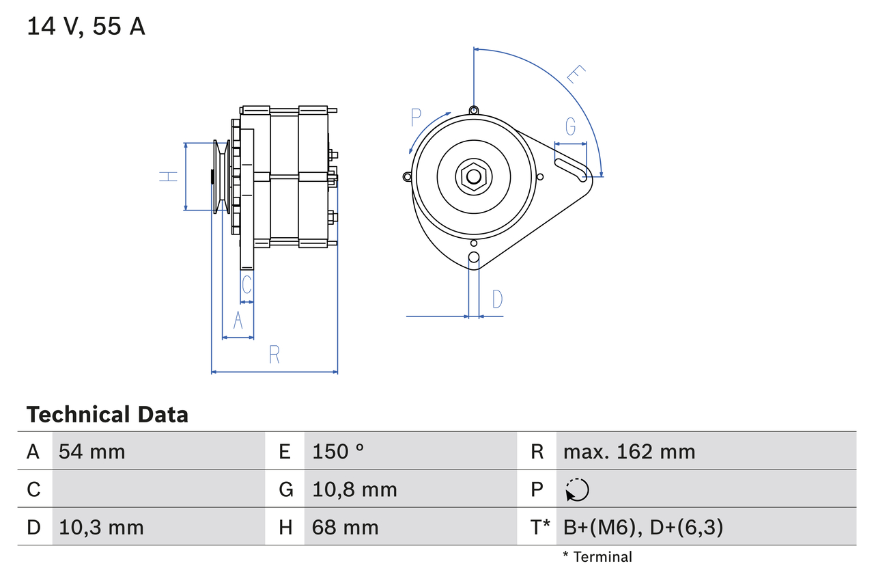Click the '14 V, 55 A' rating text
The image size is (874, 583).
coord(86,27)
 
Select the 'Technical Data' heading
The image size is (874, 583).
coord(107,414)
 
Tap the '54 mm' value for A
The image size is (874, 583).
coord(92,451)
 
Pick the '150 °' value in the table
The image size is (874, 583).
coord(338,451)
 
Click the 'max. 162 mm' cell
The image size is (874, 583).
coord(629,451)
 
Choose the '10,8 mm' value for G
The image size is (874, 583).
coord(354,489)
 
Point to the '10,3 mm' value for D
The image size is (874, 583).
coord(101,527)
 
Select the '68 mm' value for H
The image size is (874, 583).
coord(345,527)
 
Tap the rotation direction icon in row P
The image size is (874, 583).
coord(577,489)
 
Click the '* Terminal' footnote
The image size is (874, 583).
coord(597,556)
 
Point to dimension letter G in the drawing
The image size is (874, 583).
coord(570,126)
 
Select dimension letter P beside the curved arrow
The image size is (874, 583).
coord(416,118)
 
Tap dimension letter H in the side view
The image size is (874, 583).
coord(168,176)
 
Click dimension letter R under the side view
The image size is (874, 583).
coord(274,354)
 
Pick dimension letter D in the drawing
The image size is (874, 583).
coord(497,299)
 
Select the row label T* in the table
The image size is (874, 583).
coord(540,527)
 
